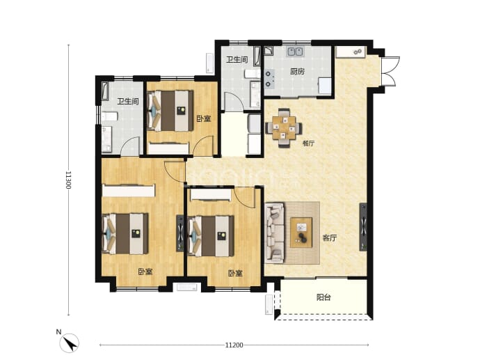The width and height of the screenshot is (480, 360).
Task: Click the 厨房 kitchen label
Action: tap(297, 72)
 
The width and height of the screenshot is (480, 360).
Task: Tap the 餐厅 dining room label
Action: tap(308, 143)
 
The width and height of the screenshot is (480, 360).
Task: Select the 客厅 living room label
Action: tap(330, 237)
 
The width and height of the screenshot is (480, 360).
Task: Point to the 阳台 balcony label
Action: tap(323, 297)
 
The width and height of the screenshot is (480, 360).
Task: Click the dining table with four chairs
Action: tap(284, 127)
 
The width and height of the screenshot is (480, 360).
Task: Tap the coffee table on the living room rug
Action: tap(301, 233)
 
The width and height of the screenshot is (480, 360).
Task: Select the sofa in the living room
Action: tap(275, 233)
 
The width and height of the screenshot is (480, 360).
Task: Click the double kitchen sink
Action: tap(295, 52)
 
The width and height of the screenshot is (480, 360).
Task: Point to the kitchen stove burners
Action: tap(269, 79)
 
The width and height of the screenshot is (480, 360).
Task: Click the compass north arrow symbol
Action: tap(70, 343)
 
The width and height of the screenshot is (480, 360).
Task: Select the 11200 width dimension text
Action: tap(234, 345)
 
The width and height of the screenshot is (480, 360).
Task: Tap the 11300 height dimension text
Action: tap(68, 180)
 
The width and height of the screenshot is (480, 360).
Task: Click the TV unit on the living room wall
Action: tap(363, 227)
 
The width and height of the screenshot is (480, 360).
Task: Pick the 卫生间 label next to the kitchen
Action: tap(237, 59)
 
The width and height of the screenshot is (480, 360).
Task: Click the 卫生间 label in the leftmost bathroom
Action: tap(128, 102)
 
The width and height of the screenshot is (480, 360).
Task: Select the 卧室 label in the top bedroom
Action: tap(204, 118)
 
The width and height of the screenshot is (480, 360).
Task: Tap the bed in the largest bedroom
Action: tap(125, 234)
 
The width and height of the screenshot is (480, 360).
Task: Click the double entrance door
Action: tap(390, 71)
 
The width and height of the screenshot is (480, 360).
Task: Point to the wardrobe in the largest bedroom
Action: tap(129, 190)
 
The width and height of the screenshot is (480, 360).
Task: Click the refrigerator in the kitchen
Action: tap(324, 86)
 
